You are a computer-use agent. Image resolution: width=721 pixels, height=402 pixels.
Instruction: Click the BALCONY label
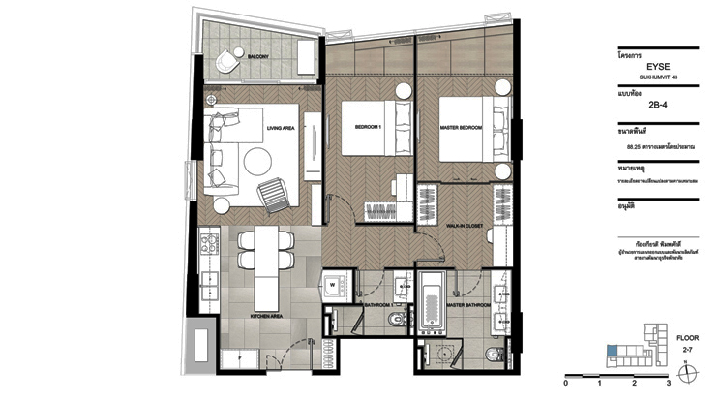(x=257, y=58)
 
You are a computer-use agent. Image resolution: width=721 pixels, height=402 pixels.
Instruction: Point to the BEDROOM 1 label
(x=369, y=126)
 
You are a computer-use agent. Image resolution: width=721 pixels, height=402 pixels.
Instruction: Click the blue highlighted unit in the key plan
(x=610, y=352)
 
